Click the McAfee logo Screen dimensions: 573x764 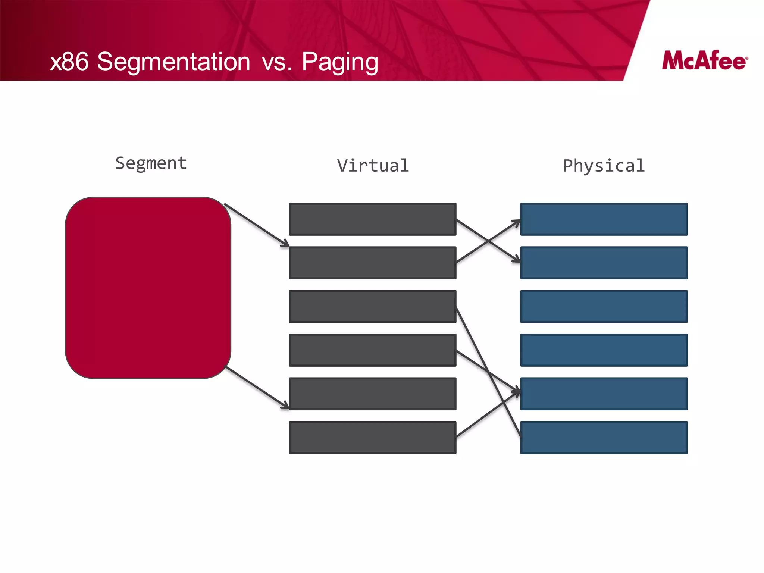pos(704,61)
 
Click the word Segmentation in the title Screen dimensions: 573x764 pos(173,62)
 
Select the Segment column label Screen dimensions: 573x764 pos(151,163)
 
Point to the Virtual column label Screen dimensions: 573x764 pos(373,166)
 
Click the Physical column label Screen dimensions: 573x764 pos(604,166)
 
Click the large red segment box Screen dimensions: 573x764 pos(148,288)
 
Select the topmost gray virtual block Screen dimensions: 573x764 pos(373,219)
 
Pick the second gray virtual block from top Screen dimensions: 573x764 pos(373,263)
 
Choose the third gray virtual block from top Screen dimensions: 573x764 pos(373,306)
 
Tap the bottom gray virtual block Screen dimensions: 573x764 pos(373,437)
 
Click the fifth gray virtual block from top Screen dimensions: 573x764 pos(373,394)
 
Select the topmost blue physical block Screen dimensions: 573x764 pos(604,219)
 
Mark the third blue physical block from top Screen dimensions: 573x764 pos(604,306)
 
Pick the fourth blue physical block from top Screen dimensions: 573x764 pos(604,350)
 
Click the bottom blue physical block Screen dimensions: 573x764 pos(604,437)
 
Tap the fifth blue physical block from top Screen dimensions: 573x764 pos(604,394)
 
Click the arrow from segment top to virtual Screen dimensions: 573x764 pos(256,225)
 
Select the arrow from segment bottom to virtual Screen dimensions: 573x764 pos(257,388)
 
